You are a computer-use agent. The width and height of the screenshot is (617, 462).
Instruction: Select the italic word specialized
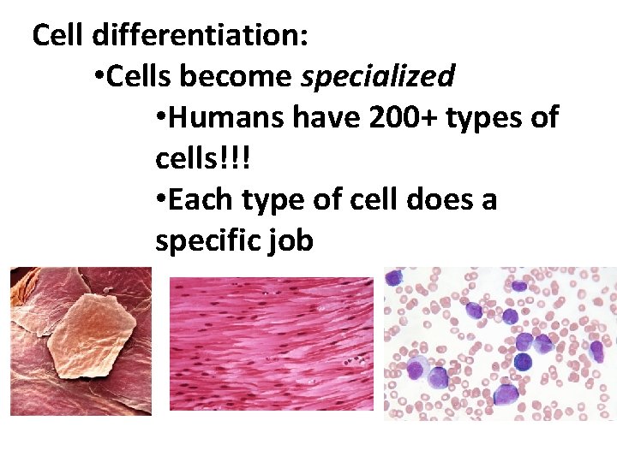[x=378, y=77]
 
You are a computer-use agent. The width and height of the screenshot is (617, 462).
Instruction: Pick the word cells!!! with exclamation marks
[x=205, y=159]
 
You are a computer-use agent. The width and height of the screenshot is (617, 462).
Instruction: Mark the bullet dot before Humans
[x=161, y=118]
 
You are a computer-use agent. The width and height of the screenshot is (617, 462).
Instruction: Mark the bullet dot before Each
[x=161, y=200]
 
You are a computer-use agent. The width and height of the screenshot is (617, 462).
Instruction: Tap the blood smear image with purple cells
[x=500, y=343]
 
